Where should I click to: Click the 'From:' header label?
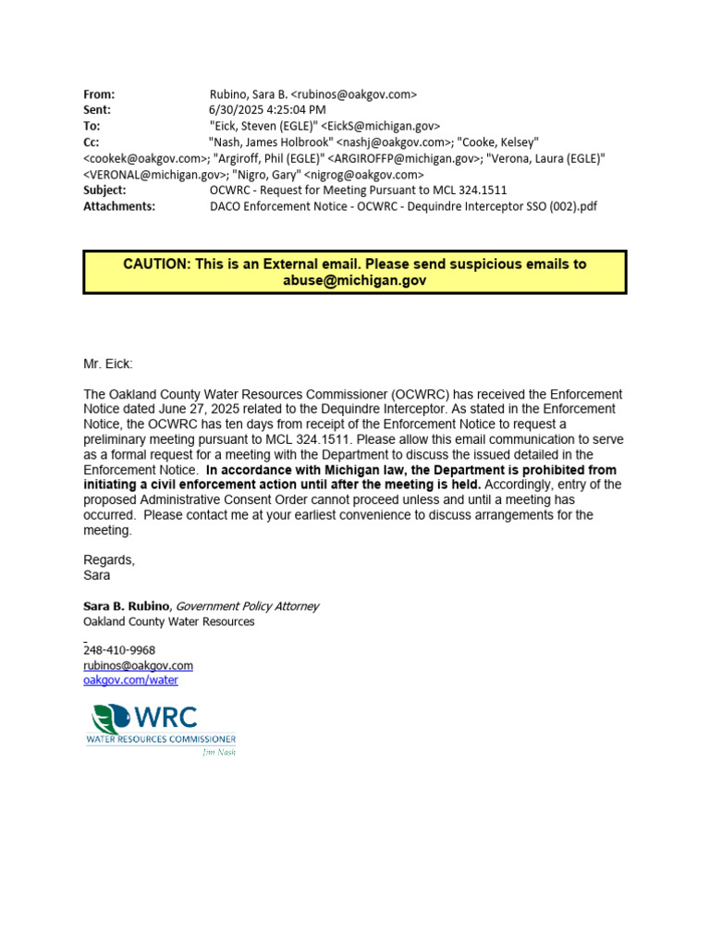99,93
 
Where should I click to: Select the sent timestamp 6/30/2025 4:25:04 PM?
268,109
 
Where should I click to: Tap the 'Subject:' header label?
104,190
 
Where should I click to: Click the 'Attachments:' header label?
119,205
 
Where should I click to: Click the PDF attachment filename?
403,205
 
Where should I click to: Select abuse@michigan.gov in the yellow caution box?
355,280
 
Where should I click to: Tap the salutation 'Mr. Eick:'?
108,364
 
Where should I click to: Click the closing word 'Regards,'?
109,560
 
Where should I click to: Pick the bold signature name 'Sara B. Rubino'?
128,606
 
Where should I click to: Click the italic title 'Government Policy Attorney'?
247,606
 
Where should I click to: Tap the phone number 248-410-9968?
119,650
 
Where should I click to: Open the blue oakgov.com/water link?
130,680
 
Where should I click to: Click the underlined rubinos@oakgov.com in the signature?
138,665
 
